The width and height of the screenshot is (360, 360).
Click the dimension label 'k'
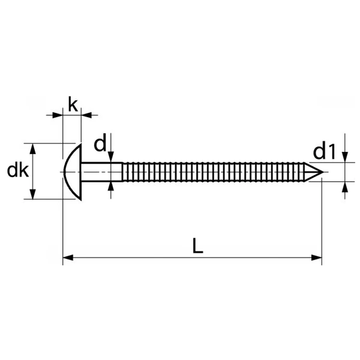73,104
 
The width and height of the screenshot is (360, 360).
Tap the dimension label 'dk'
18,170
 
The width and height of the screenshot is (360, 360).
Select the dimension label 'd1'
324,151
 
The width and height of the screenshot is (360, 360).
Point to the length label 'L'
197,245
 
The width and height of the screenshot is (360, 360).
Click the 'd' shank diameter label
100,144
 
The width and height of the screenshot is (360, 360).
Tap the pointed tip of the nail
323,172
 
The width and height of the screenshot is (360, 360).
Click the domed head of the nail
73,172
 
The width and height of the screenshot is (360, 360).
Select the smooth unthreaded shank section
102,172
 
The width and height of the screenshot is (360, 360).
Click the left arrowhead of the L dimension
68,257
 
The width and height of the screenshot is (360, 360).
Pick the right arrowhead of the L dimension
317,257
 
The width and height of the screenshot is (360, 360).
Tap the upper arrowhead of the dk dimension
33,149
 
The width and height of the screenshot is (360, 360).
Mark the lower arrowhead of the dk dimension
33,194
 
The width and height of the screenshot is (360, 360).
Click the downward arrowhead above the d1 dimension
345,157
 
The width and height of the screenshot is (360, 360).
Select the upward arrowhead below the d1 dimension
345,187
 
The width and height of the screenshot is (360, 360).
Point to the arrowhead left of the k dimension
58,115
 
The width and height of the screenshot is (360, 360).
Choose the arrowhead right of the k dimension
86,115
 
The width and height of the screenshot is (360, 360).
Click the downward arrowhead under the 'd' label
111,157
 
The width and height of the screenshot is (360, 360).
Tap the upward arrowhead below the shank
111,187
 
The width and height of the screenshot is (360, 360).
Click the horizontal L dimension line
193,257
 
